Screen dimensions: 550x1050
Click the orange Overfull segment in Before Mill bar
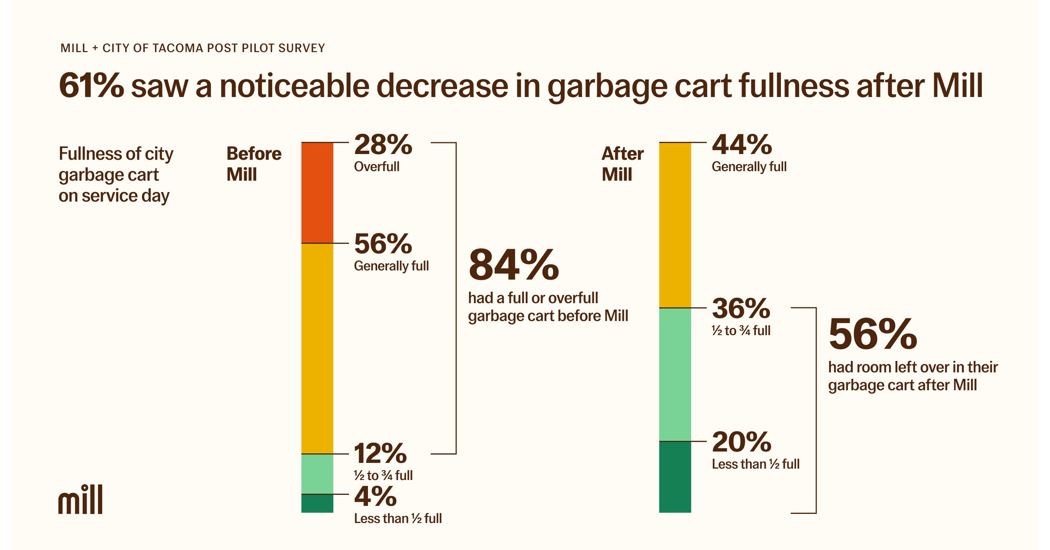click(317, 193)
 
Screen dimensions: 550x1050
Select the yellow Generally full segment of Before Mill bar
click(317, 348)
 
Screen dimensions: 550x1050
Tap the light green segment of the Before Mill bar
click(317, 474)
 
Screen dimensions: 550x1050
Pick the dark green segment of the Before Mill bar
click(317, 503)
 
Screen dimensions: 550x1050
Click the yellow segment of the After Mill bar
click(675, 225)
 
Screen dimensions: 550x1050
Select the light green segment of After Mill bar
click(675, 374)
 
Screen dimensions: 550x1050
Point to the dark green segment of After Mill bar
click(675, 476)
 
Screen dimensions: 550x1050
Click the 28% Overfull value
click(383, 145)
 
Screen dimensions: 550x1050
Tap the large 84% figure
click(514, 265)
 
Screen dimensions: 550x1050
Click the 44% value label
click(742, 145)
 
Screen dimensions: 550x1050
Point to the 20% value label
click(742, 442)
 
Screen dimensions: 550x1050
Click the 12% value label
click(380, 454)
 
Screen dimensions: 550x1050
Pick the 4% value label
click(375, 497)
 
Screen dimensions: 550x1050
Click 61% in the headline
click(91, 86)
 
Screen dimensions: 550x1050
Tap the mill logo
click(80, 499)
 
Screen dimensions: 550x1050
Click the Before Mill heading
click(254, 164)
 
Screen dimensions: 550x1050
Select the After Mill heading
click(623, 164)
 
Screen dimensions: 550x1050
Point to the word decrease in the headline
click(442, 86)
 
